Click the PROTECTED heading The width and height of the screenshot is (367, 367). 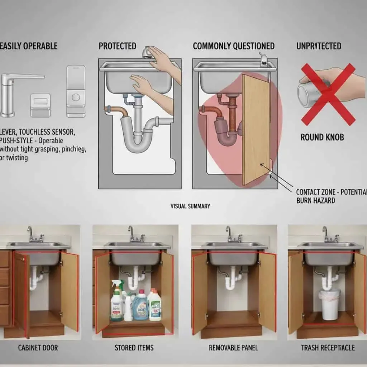click(x=117, y=46)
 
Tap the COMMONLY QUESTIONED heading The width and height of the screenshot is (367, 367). click(x=233, y=46)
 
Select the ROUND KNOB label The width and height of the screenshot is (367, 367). click(x=323, y=137)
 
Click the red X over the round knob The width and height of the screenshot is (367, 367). click(x=328, y=94)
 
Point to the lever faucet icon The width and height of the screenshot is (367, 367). click(x=14, y=91)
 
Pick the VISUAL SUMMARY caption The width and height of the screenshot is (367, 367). click(x=190, y=206)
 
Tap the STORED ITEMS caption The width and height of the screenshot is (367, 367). click(x=134, y=348)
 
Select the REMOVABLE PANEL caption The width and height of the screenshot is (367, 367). click(x=233, y=348)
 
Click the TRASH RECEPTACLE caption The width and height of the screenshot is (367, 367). click(x=328, y=348)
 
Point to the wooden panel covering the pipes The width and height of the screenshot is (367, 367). click(x=256, y=129)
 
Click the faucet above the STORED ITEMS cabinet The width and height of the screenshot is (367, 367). click(x=132, y=234)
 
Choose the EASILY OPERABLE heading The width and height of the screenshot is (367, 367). click(x=29, y=46)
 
